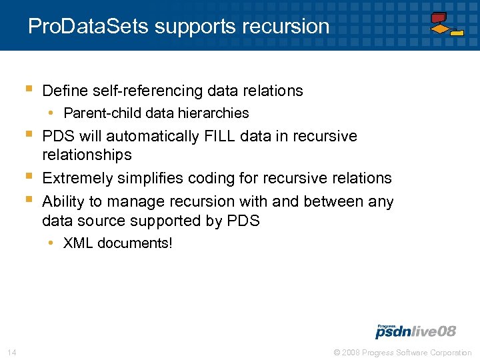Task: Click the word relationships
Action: [87, 155]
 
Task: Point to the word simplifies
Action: [150, 178]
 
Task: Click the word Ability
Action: [63, 201]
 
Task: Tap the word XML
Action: [79, 243]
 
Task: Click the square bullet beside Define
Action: [29, 89]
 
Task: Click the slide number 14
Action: [11, 352]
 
